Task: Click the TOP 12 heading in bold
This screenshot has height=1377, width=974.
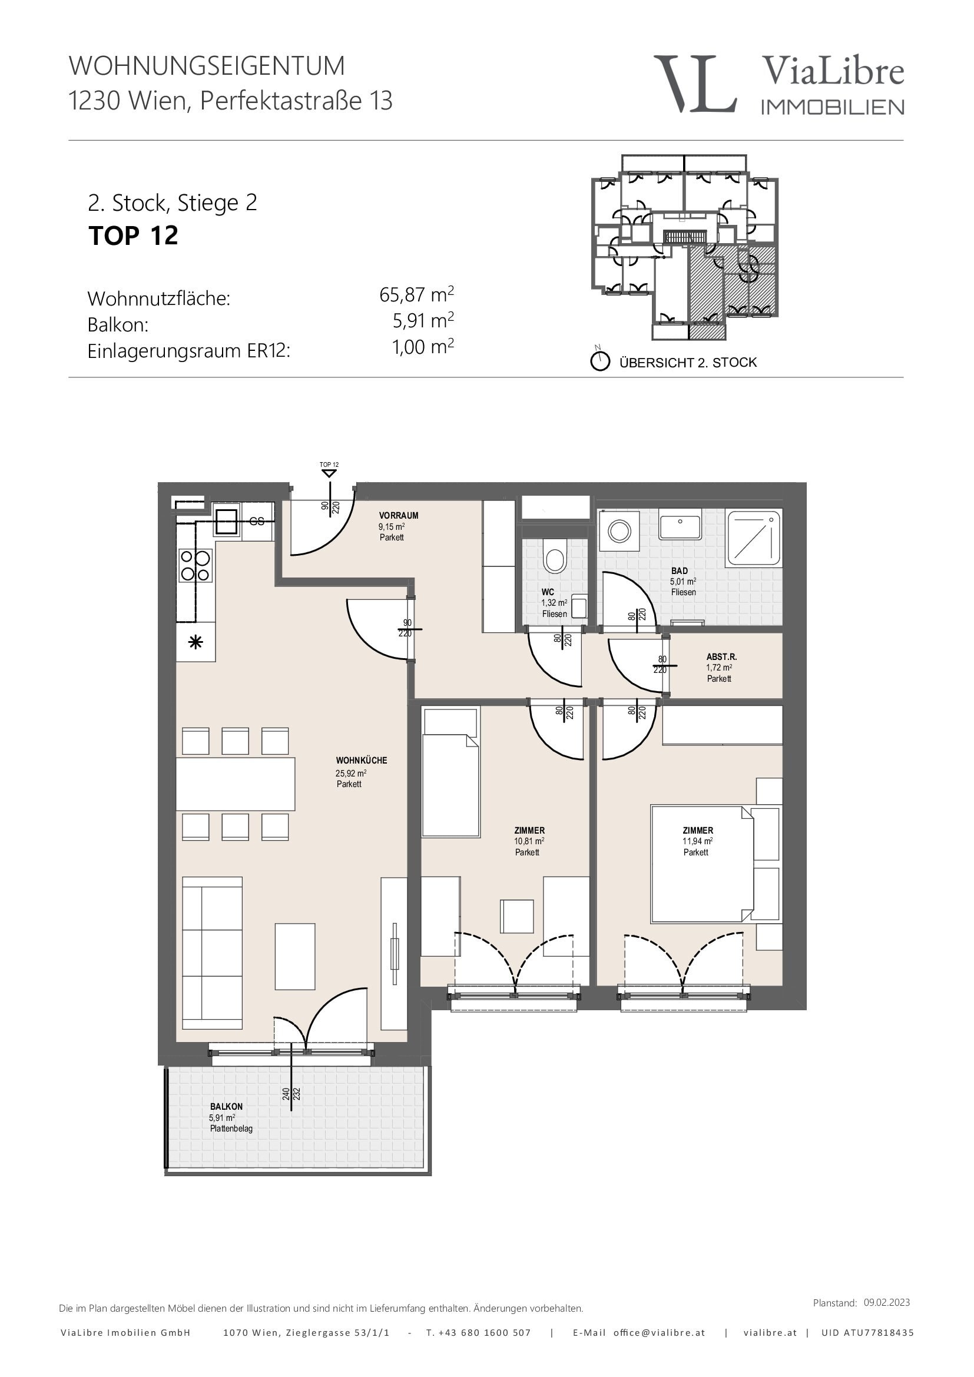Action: pos(133,235)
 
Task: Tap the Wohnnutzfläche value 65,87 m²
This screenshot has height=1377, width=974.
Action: pos(416,294)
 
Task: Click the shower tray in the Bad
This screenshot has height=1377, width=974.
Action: pos(753,538)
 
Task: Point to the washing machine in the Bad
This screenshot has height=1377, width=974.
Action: pos(619,531)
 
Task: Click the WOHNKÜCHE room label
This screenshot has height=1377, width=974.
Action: pos(361,761)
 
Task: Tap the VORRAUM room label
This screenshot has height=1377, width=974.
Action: pos(398,515)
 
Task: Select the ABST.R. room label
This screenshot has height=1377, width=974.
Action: pos(721,657)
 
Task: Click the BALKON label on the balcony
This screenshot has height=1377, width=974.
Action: pos(226,1107)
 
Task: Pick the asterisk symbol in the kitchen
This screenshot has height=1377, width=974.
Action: pos(196,643)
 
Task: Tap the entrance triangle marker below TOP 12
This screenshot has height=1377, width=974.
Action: pos(329,474)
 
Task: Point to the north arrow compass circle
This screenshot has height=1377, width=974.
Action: pos(600,361)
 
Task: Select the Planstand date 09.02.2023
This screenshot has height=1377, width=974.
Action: pos(886,1302)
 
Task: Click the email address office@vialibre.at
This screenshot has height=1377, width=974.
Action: pos(659,1332)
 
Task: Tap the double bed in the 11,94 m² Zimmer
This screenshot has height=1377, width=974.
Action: pos(703,864)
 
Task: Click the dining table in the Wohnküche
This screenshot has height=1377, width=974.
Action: pos(235,784)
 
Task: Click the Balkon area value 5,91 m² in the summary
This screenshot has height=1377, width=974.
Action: pos(423,321)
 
